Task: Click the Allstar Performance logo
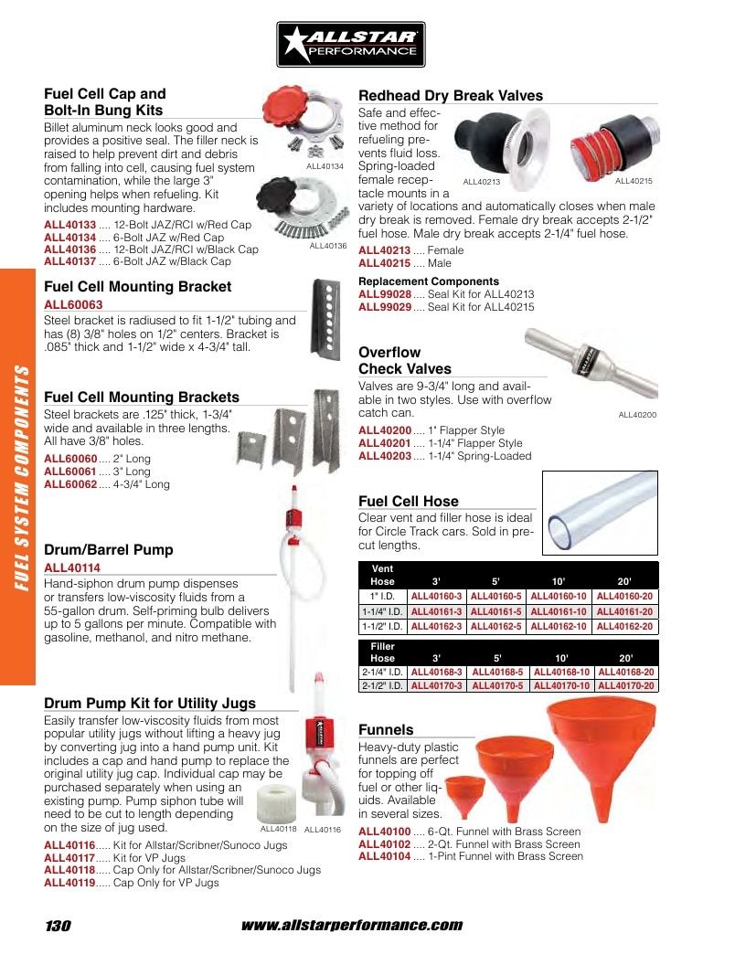pyautogui.click(x=350, y=45)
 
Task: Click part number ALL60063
pyautogui.click(x=73, y=304)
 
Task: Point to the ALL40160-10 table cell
pyautogui.click(x=559, y=596)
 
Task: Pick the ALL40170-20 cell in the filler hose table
pyautogui.click(x=626, y=685)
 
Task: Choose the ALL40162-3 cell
pyautogui.click(x=436, y=626)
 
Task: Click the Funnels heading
pyautogui.click(x=386, y=729)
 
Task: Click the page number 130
pyautogui.click(x=58, y=926)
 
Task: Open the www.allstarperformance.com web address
pyautogui.click(x=352, y=926)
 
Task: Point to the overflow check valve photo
pyautogui.click(x=591, y=362)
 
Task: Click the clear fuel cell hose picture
pyautogui.click(x=600, y=513)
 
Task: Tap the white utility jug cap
pyautogui.click(x=276, y=803)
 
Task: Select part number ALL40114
pyautogui.click(x=72, y=567)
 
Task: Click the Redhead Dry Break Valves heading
pyautogui.click(x=451, y=96)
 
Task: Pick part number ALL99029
pyautogui.click(x=385, y=307)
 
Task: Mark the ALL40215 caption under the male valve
pyautogui.click(x=634, y=181)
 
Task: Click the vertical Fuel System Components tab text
pyautogui.click(x=22, y=478)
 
